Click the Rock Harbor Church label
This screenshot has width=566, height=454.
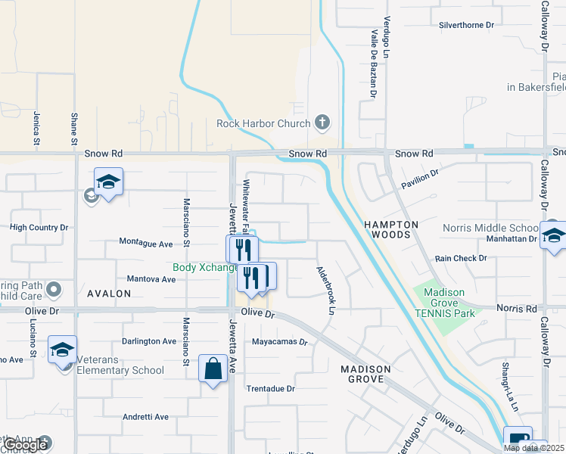263,124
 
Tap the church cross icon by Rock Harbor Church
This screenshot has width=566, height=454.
322,123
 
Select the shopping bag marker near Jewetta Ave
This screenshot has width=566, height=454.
213,369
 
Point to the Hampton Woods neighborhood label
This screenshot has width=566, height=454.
391,230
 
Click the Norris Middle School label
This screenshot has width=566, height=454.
491,228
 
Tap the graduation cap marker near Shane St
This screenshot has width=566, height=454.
108,182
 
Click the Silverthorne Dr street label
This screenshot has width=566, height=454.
466,25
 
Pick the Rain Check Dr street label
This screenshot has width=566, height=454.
461,258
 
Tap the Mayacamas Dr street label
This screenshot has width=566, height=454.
280,342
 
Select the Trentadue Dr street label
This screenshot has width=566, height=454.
270,389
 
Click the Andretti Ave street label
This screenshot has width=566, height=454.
147,417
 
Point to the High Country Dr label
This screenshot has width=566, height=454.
39,227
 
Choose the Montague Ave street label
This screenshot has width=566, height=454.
146,244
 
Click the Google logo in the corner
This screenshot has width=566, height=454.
26,445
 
